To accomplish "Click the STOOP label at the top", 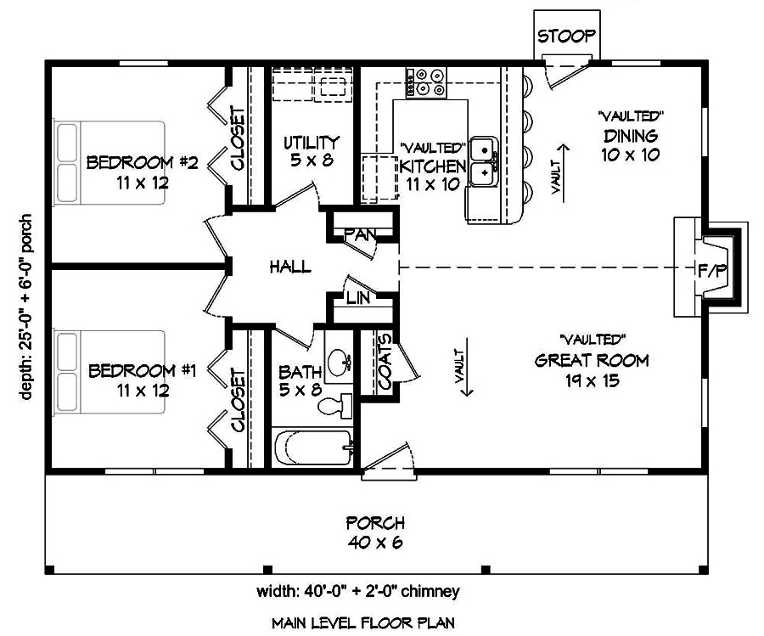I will point(566,37).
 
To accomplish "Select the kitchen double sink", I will point(484,159).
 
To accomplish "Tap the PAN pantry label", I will point(360,234).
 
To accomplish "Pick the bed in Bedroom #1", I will point(110,371).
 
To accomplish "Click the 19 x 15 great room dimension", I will point(592,380).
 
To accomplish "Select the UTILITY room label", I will point(312,142).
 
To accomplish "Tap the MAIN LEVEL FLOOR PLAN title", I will point(362,622).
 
